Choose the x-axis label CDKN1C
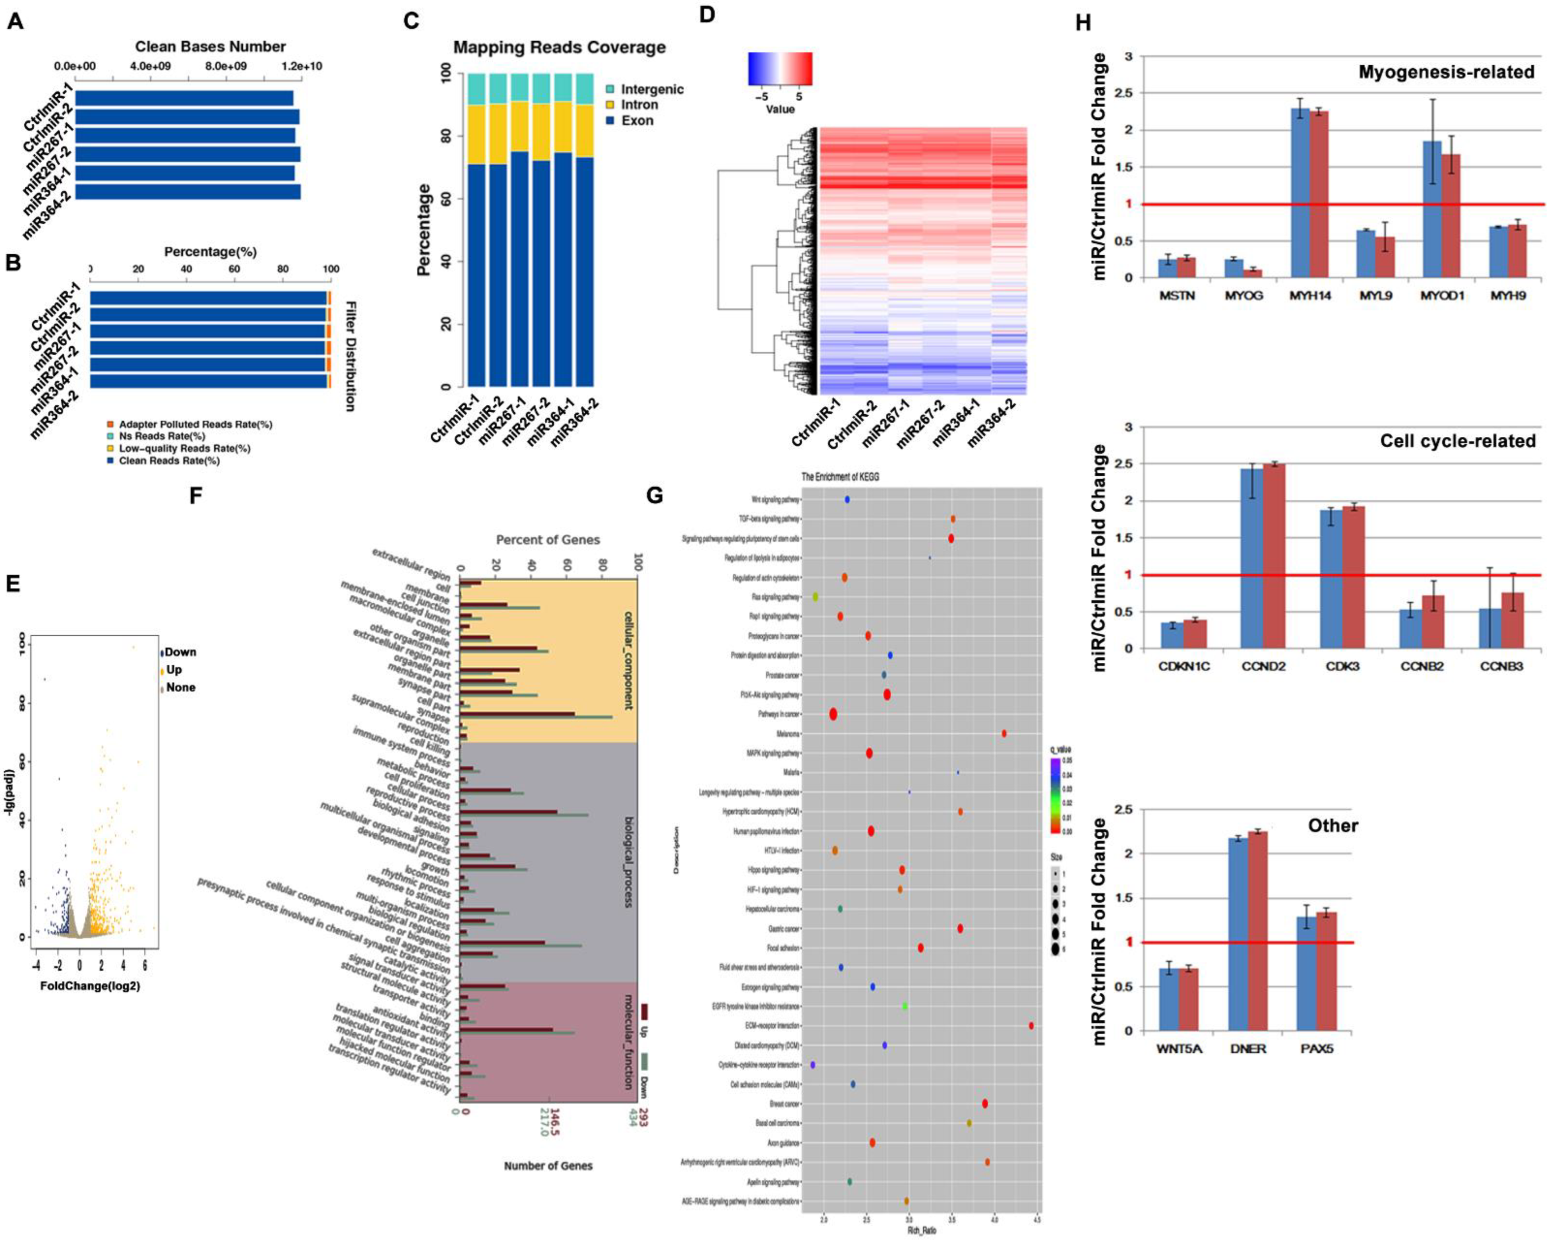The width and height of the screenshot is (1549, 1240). [1183, 666]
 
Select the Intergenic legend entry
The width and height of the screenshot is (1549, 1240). [651, 89]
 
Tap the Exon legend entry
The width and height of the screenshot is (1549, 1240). [637, 121]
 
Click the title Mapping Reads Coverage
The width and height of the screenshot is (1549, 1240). [559, 48]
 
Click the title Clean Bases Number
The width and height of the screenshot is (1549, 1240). [210, 47]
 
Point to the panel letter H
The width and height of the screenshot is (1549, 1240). [1083, 23]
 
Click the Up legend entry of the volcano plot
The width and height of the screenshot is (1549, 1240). [173, 669]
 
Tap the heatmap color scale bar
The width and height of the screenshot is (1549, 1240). [780, 69]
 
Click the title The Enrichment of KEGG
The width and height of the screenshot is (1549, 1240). [840, 476]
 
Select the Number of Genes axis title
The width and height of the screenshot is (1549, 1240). [548, 1165]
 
